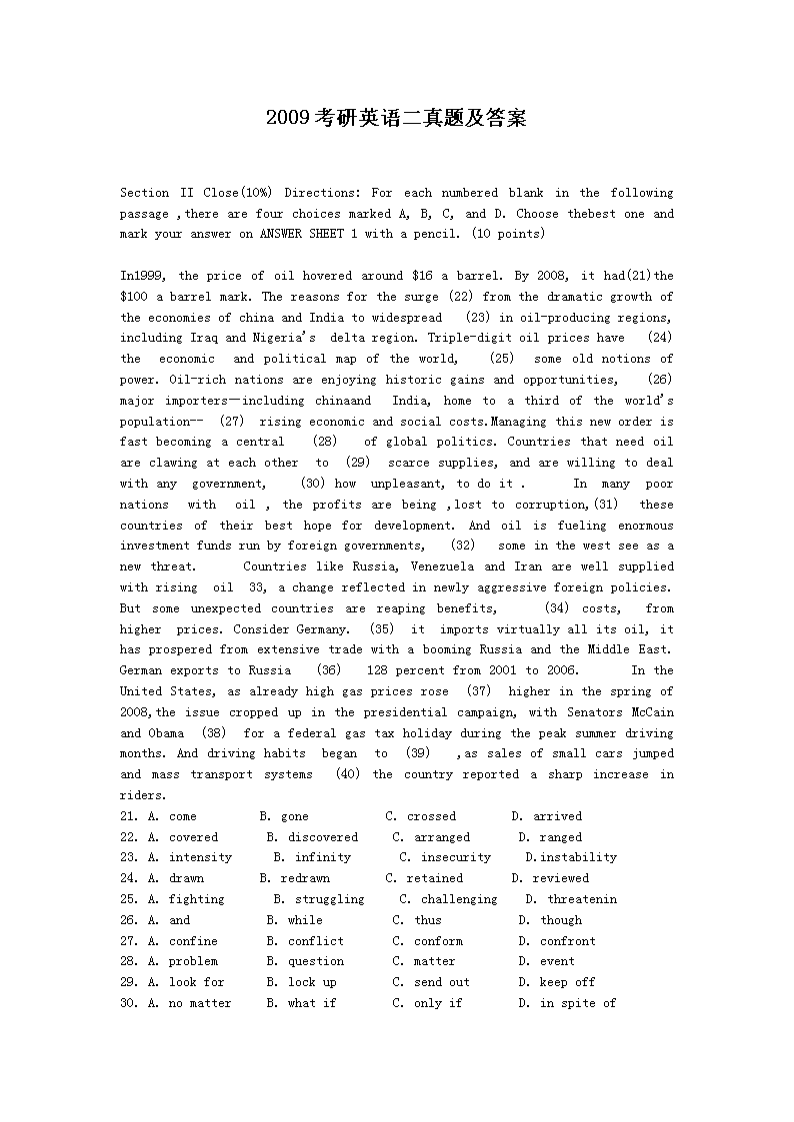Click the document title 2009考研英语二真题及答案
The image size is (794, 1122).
(x=396, y=118)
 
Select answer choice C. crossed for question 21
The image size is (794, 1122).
(x=421, y=816)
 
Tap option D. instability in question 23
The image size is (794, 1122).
(x=571, y=857)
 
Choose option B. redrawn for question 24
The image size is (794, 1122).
(x=294, y=878)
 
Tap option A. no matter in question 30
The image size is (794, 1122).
(x=190, y=1003)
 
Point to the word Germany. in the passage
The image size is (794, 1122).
(x=324, y=629)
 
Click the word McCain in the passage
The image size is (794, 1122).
(x=652, y=712)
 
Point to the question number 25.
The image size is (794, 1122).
(x=129, y=899)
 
